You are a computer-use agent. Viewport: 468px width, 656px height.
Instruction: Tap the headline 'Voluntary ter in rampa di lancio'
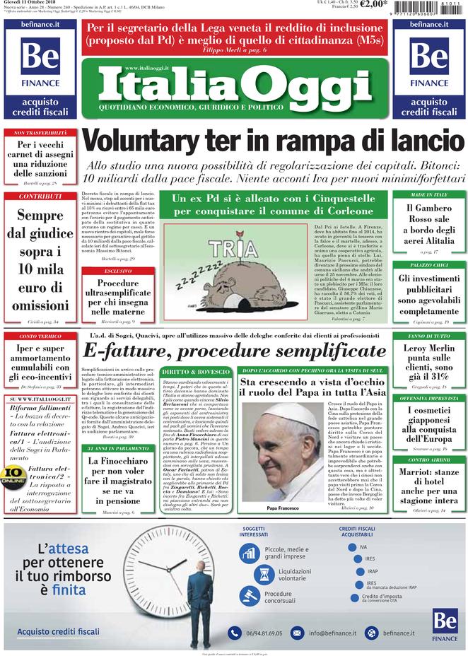[x=273, y=141]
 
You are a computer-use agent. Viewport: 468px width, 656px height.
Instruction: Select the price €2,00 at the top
[x=374, y=5]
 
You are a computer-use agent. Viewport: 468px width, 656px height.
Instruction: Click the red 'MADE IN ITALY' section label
[x=429, y=194]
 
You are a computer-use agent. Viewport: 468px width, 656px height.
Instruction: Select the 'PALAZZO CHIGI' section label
[x=429, y=265]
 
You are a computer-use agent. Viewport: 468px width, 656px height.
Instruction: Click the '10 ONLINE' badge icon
[x=14, y=475]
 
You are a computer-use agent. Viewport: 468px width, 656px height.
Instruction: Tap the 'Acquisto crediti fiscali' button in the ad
[x=58, y=631]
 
